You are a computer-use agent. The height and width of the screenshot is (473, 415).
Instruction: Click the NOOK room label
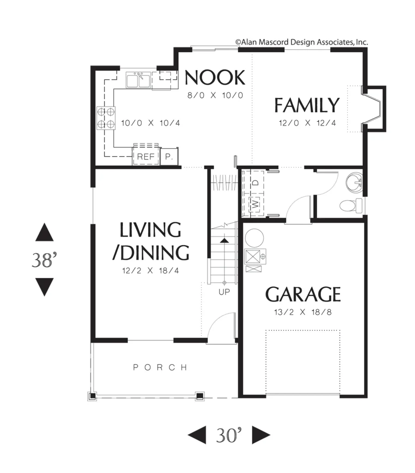point(215,77)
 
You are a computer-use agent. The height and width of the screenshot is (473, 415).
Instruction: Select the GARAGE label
point(303,294)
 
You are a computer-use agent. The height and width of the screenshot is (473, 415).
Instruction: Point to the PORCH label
point(160,367)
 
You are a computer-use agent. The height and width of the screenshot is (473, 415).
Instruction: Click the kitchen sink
point(138,80)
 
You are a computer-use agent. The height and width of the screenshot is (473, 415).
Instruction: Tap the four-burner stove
point(106,118)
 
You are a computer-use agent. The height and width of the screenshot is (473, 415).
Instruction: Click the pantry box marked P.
point(169,156)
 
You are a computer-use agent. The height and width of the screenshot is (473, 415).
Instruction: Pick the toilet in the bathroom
point(351,206)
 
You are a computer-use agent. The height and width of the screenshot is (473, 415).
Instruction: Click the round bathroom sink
point(354,182)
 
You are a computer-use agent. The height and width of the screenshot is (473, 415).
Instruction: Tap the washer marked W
point(255,204)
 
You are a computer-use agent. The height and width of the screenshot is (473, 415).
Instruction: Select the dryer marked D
point(255,182)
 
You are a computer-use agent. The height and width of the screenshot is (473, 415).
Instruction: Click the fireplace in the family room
point(374,109)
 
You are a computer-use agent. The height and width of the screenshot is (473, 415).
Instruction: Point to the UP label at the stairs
point(224,292)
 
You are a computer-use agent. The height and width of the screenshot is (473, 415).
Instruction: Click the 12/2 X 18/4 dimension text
point(150,271)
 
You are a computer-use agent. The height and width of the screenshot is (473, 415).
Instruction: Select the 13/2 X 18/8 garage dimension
point(303,312)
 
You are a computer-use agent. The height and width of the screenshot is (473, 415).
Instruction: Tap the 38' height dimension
point(44,260)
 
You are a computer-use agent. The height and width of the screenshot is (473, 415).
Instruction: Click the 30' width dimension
point(229,435)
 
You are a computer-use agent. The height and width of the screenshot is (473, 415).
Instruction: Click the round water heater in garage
point(254,238)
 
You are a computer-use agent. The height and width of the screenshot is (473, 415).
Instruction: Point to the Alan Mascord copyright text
point(302,42)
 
